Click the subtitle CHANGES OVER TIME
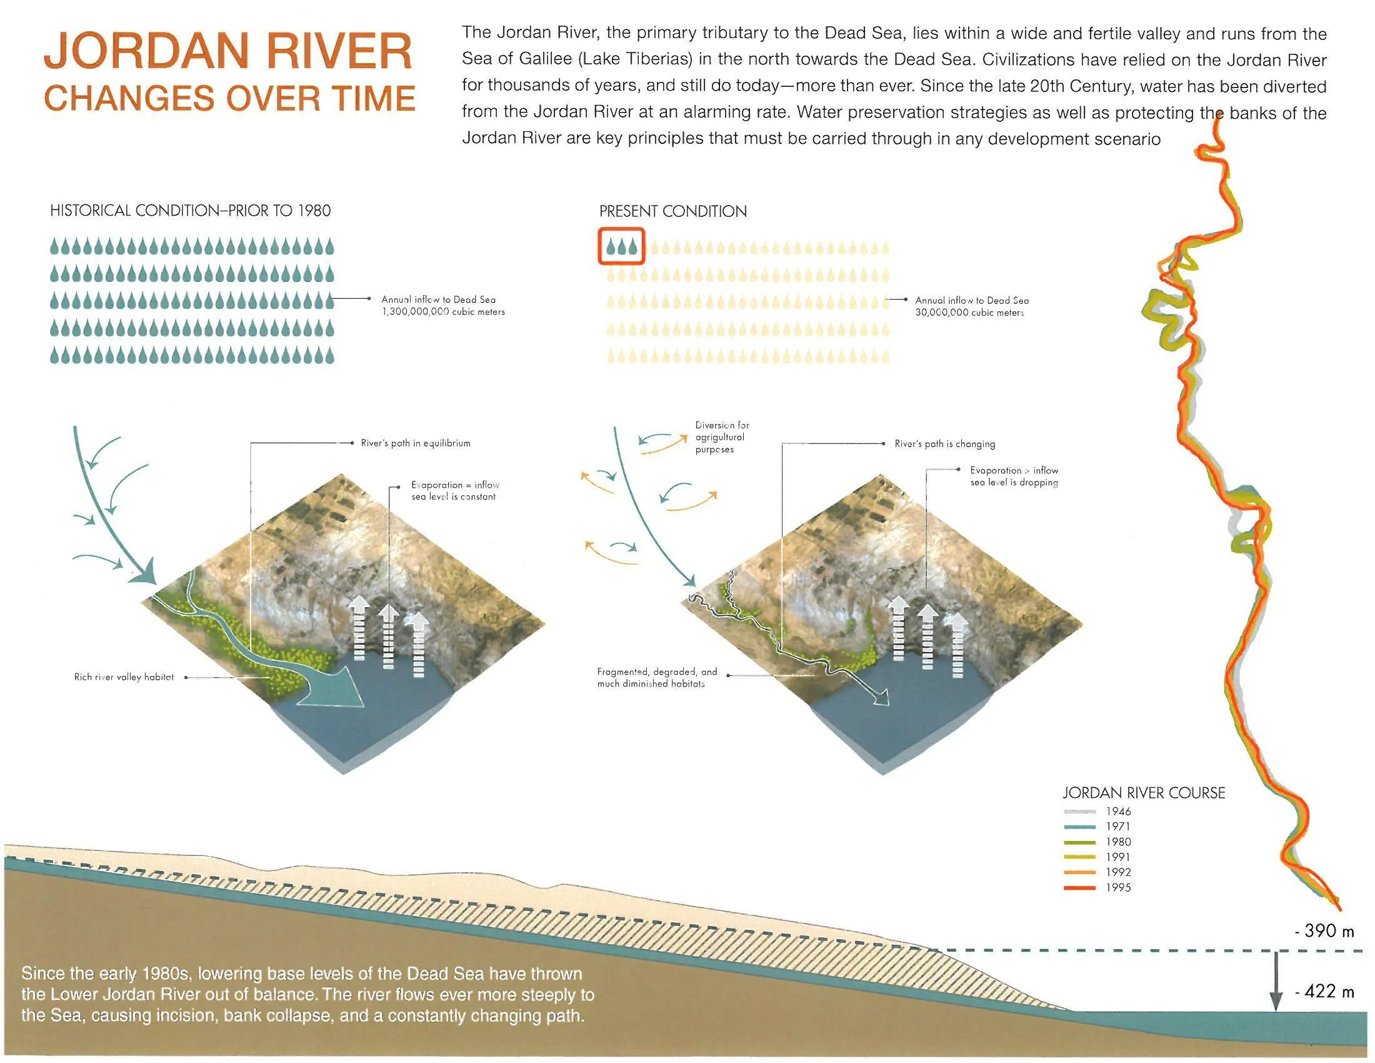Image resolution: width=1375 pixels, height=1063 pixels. [230, 98]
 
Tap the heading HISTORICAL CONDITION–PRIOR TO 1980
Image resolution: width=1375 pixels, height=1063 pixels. [190, 210]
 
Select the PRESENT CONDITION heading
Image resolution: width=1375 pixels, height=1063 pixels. [673, 211]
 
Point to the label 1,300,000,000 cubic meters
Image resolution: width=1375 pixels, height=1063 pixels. [443, 312]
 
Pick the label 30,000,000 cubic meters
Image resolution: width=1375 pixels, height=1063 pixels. [969, 313]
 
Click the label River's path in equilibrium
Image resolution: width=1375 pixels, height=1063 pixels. [416, 443]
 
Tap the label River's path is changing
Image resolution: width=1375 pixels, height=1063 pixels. [945, 444]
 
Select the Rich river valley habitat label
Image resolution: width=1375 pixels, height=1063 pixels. [124, 677]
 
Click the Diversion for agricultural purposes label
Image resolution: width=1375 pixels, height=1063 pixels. [722, 437]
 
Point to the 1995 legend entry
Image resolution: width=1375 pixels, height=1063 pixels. [1097, 887]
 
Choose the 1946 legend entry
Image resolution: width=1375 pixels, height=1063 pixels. [1097, 811]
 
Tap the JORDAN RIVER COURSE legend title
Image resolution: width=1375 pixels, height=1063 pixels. [1144, 793]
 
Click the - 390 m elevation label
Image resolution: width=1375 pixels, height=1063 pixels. [1324, 931]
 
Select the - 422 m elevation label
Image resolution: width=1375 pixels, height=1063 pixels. [1324, 991]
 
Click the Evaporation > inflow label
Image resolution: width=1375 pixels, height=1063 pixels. [1014, 476]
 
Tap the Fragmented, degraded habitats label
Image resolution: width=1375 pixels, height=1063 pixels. [657, 678]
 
